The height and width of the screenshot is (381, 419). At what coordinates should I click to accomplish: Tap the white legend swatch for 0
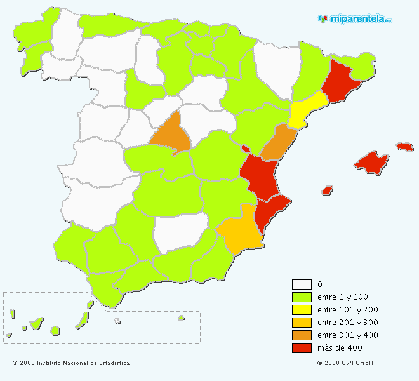coord(302,284)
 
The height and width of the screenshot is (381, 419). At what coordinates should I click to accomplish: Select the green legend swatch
coord(302,297)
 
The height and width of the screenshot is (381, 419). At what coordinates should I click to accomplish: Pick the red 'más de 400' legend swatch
coord(302,348)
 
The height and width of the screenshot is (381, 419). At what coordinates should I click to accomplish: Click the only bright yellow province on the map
coord(307,109)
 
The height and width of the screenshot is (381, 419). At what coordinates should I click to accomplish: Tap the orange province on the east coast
coord(279,143)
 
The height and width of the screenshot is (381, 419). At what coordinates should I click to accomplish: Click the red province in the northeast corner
coord(340,81)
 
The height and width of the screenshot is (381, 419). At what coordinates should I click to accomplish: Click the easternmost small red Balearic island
coord(404,147)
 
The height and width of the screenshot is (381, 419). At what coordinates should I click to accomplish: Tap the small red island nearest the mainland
coord(328,190)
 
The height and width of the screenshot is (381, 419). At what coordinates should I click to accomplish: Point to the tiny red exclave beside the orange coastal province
coord(245,149)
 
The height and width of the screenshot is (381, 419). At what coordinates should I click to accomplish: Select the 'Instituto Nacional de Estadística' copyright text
coord(71,363)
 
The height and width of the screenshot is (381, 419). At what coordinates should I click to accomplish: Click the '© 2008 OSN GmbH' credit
coord(345,363)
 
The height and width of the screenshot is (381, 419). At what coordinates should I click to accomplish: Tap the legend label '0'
coord(319,284)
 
